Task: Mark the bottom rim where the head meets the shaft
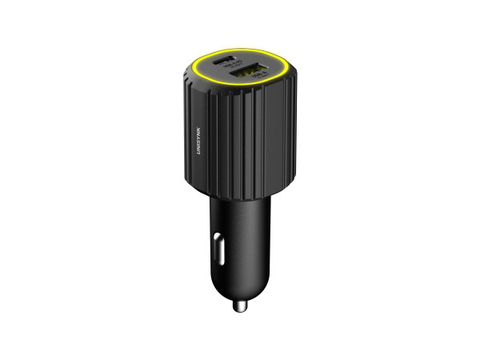(240, 195)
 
